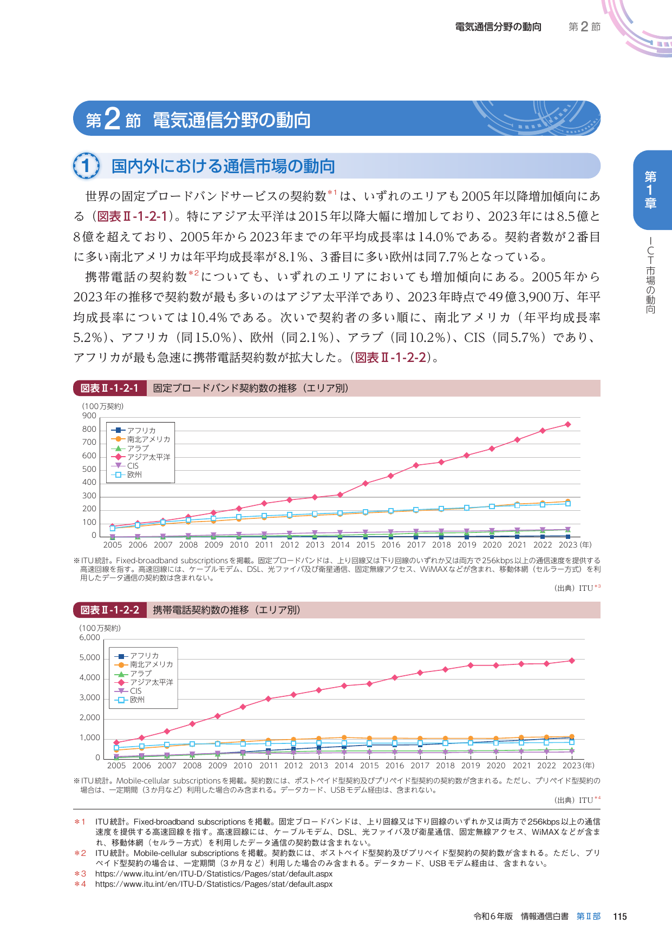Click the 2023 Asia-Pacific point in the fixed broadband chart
click(568, 424)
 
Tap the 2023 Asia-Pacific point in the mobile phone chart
click(572, 661)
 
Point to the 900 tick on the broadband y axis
click(89, 416)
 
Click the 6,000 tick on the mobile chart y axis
click(90, 637)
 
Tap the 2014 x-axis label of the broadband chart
click(340, 545)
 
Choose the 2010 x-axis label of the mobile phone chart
click(243, 766)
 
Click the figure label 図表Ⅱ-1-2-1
click(109, 388)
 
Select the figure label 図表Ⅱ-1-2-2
click(110, 610)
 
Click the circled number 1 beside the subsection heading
click(86, 166)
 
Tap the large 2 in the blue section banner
click(112, 118)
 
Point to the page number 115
click(619, 916)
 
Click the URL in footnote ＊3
click(213, 873)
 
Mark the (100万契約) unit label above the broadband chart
click(103, 406)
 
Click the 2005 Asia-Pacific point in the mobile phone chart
click(116, 742)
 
